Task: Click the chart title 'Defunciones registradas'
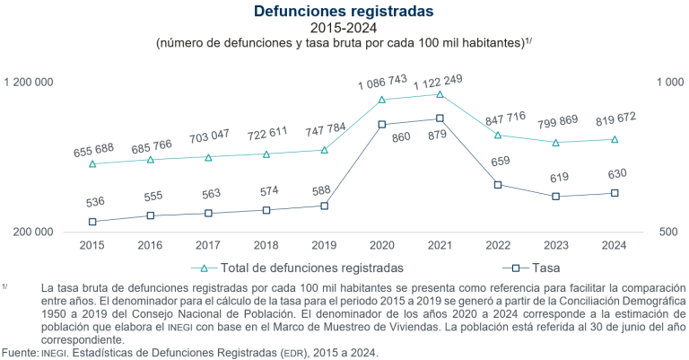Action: point(344,11)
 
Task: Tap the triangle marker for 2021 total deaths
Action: point(440,94)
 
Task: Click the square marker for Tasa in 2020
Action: point(382,125)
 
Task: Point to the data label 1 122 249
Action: point(440,80)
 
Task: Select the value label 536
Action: point(92,203)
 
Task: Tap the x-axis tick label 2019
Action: point(324,245)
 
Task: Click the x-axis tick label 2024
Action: point(615,245)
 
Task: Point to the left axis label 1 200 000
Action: point(29,83)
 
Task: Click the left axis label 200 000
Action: point(33,232)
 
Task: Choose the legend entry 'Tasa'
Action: point(541,268)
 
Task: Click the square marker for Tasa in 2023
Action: point(556,197)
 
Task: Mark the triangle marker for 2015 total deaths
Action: point(92,164)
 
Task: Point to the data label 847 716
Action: point(499,118)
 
